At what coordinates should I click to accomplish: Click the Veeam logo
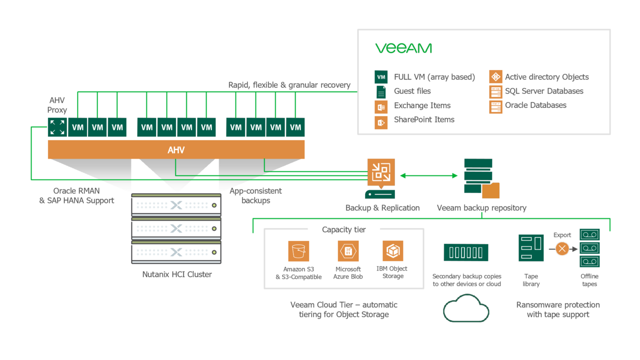click(x=403, y=48)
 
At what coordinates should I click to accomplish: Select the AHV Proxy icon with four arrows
click(x=57, y=127)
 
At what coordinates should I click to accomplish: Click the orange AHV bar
click(x=176, y=149)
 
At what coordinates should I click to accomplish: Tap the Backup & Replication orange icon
click(x=381, y=172)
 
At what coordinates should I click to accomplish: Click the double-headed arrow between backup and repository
click(x=429, y=175)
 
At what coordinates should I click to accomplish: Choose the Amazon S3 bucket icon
click(x=298, y=251)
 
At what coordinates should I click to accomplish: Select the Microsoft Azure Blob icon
click(x=348, y=251)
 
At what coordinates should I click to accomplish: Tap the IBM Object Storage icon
click(x=392, y=250)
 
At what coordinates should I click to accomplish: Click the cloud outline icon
click(x=466, y=308)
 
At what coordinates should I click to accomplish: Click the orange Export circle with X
click(x=562, y=248)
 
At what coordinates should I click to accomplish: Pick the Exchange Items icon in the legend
click(x=381, y=106)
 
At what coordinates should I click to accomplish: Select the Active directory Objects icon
click(x=495, y=77)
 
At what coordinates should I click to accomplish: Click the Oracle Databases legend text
click(x=535, y=105)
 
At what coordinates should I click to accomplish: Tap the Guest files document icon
click(x=381, y=91)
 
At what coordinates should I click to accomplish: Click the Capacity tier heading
click(x=343, y=229)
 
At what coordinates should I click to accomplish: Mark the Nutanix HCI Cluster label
click(x=177, y=274)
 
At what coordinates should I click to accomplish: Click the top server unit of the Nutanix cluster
click(x=176, y=205)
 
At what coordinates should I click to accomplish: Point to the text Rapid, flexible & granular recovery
click(x=289, y=85)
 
